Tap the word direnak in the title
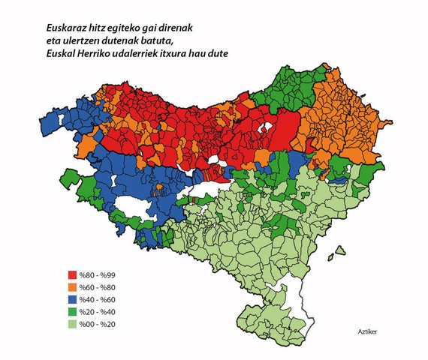pos(177,25)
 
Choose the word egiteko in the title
pos(115,25)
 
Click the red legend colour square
pos(72,275)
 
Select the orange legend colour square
pos(72,287)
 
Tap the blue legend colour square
pos(72,299)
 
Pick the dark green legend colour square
pos(72,311)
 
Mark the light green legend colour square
pos(72,323)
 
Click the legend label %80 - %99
pos(96,275)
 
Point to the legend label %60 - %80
pos(96,287)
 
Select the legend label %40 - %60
pos(96,299)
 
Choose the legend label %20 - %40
pos(96,311)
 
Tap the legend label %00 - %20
pos(96,323)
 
